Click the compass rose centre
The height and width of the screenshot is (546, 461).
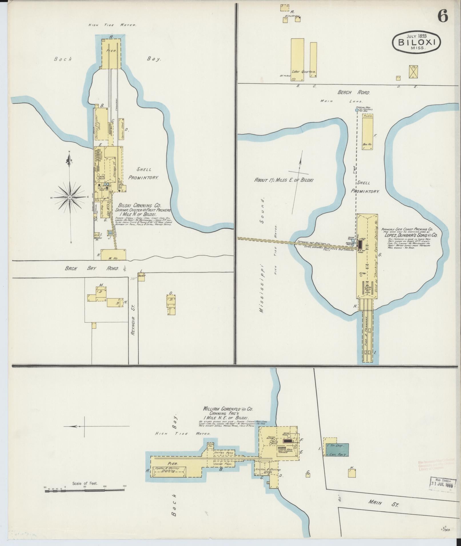[70, 198]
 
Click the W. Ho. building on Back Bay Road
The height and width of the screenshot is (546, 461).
[113, 255]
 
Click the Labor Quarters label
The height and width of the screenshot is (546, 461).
[304, 72]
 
